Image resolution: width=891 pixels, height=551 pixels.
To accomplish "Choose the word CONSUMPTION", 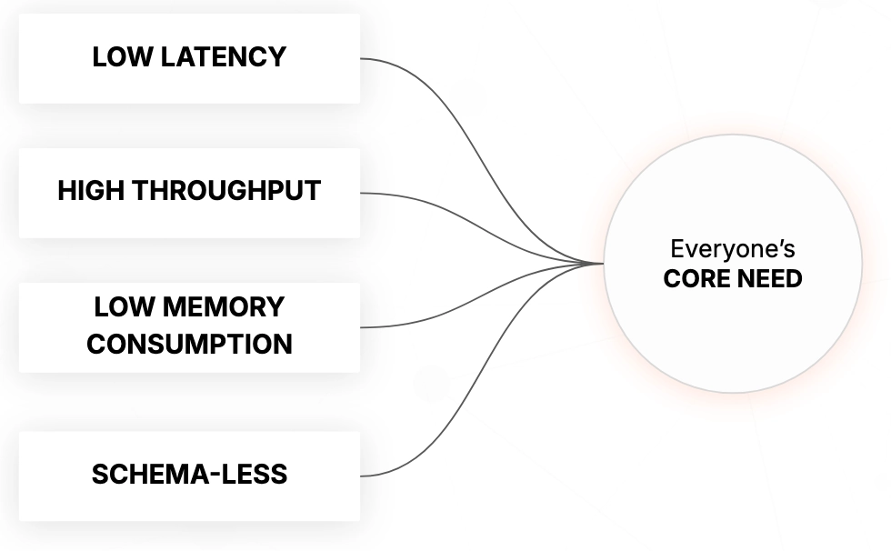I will (x=189, y=345).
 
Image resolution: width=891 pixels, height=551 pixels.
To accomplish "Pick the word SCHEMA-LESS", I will (x=189, y=475).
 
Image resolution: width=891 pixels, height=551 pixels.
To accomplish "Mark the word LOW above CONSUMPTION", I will (x=120, y=307).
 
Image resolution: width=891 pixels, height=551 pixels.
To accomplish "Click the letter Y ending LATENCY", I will (x=278, y=57).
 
